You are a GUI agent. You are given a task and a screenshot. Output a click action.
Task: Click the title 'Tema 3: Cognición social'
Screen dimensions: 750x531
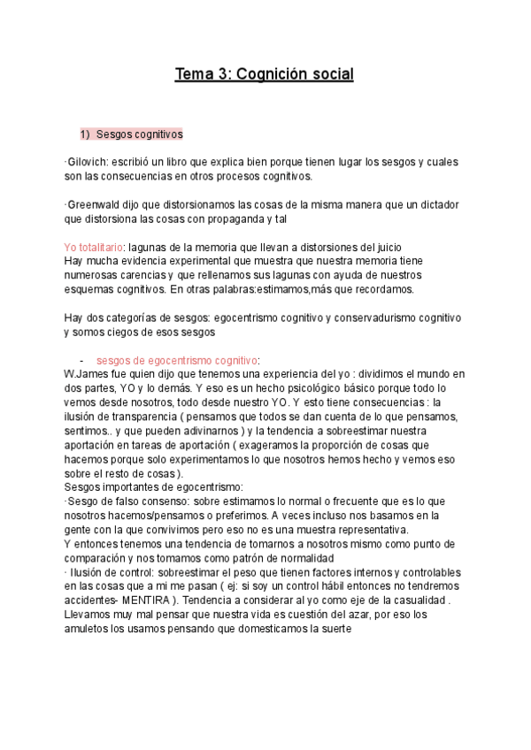pyautogui.click(x=265, y=74)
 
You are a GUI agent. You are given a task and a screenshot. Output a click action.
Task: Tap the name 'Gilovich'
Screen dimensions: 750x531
pyautogui.click(x=87, y=163)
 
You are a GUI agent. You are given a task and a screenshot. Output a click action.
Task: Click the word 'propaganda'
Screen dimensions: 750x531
pyautogui.click(x=233, y=218)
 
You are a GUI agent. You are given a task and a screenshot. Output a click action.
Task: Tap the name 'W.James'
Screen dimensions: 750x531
pyautogui.click(x=86, y=373)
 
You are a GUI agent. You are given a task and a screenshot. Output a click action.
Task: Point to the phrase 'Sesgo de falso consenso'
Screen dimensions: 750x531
pyautogui.click(x=121, y=500)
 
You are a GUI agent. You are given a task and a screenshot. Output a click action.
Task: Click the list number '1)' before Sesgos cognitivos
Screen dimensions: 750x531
pyautogui.click(x=85, y=134)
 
